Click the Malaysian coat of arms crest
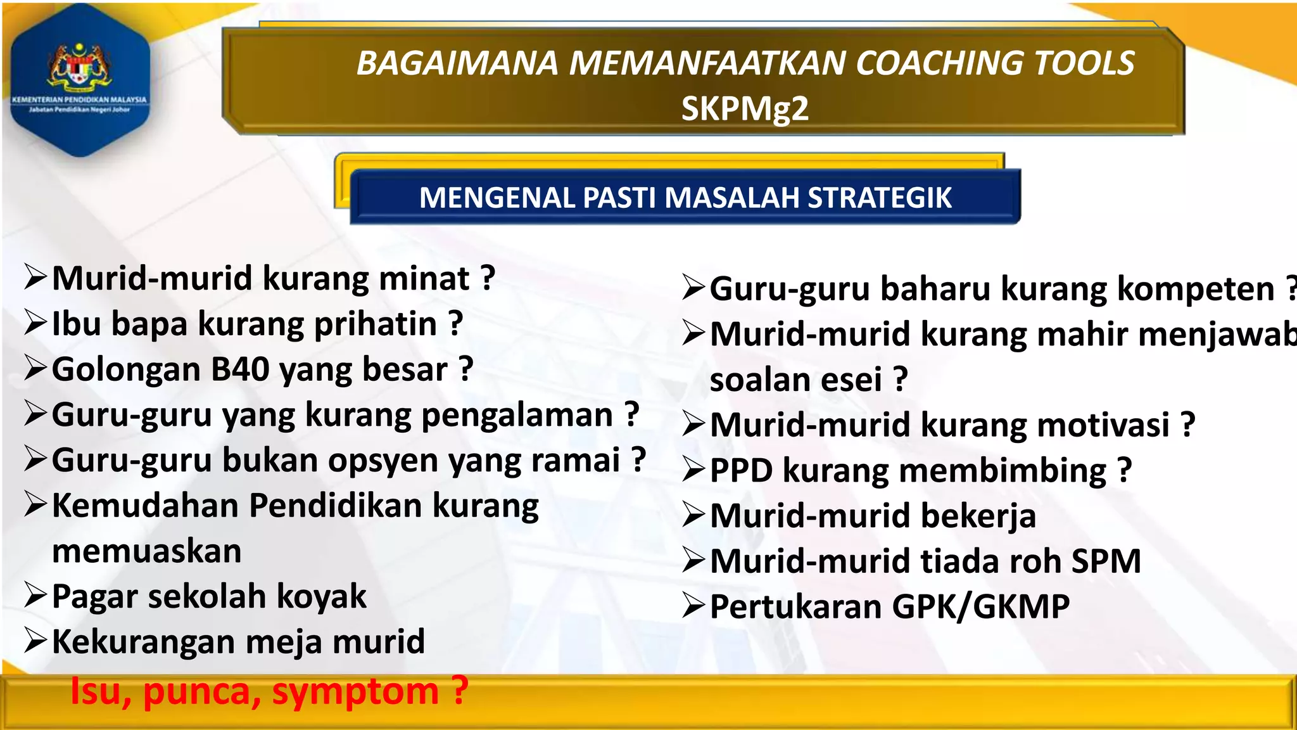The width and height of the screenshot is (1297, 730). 79,65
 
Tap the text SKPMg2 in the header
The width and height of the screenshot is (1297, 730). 745,108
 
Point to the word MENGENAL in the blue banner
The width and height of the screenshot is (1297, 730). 497,198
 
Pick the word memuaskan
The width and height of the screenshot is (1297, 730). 147,551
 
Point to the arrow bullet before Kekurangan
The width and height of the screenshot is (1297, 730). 35,641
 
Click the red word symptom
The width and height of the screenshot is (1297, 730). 355,691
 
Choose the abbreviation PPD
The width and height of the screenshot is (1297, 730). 741,470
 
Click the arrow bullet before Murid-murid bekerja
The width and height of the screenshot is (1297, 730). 694,515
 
